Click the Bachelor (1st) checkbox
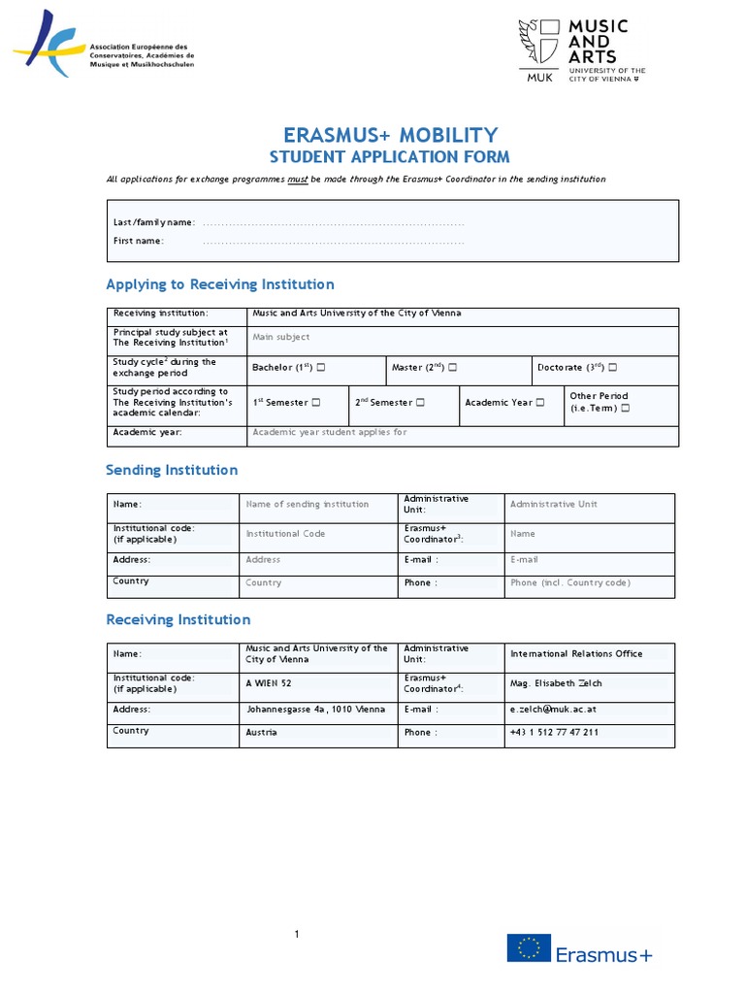pyautogui.click(x=320, y=368)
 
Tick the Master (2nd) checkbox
pyautogui.click(x=453, y=368)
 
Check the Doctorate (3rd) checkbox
pyautogui.click(x=613, y=368)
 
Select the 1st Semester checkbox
pyautogui.click(x=316, y=402)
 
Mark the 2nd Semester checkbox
pyautogui.click(x=421, y=402)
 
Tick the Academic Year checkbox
pyautogui.click(x=540, y=402)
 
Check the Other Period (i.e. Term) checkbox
pyautogui.click(x=625, y=409)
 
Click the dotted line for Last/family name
pyautogui.click(x=334, y=224)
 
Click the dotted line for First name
pyautogui.click(x=334, y=242)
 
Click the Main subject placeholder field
pyautogui.click(x=281, y=337)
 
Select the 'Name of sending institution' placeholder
pyautogui.click(x=308, y=504)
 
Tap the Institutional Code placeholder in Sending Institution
pyautogui.click(x=285, y=534)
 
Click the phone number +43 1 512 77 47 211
pyautogui.click(x=554, y=732)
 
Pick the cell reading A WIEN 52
pyautogui.click(x=269, y=683)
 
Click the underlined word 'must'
pyautogui.click(x=298, y=180)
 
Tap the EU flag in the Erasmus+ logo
pyautogui.click(x=529, y=948)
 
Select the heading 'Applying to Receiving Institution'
pyautogui.click(x=219, y=284)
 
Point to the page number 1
pyautogui.click(x=297, y=934)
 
